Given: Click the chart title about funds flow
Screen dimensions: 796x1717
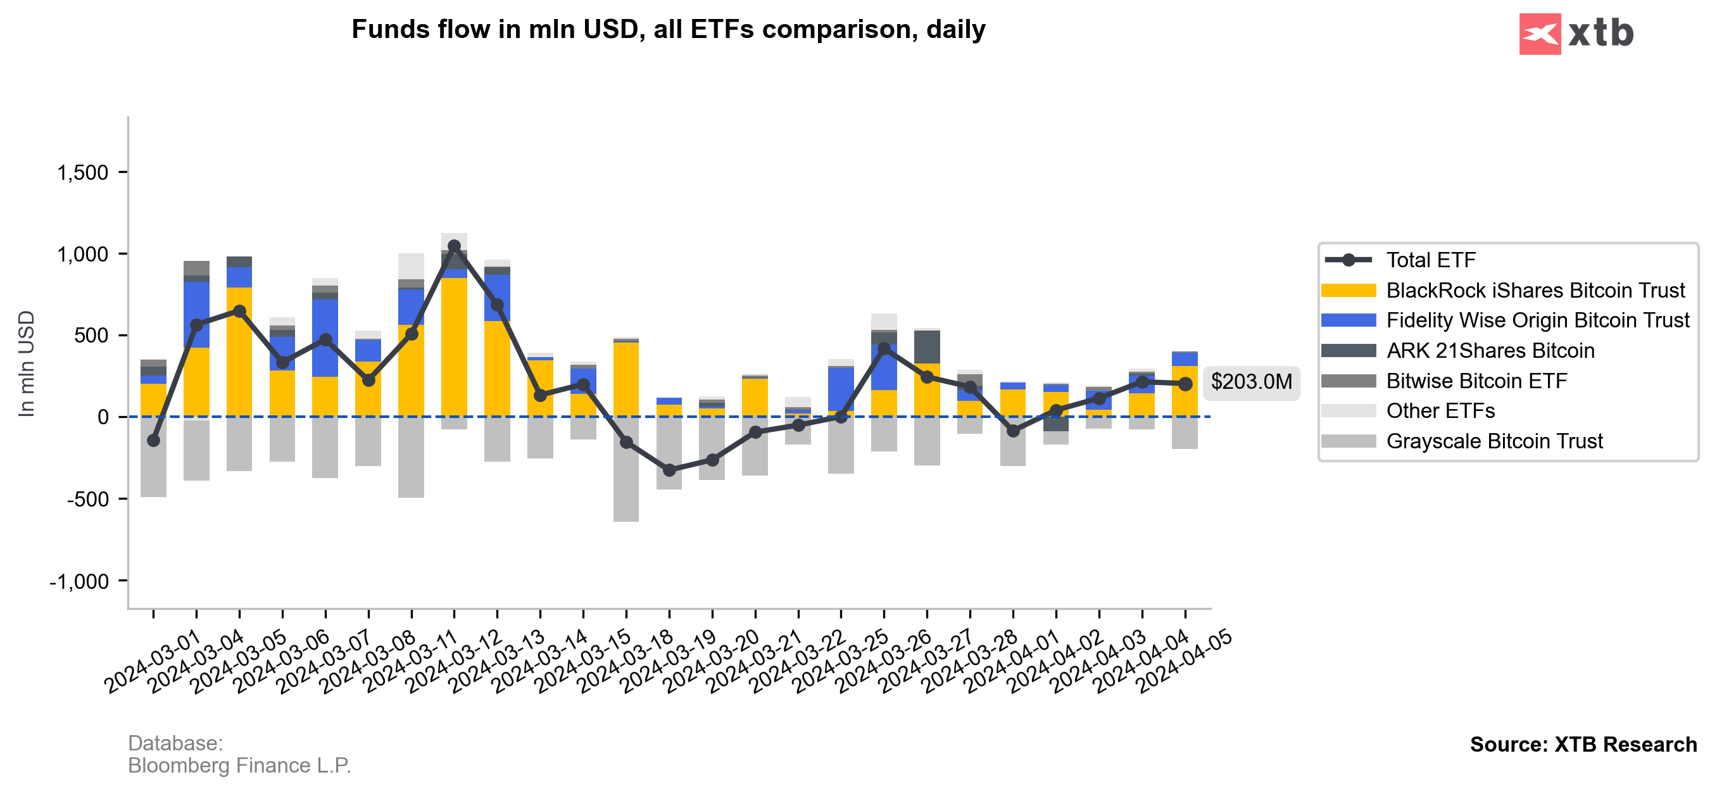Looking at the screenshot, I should pos(668,30).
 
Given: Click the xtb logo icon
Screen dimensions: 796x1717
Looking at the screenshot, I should pos(1540,34).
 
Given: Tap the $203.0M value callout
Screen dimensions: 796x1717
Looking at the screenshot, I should pos(1251,382).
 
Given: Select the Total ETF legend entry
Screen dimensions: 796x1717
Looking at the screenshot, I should pos(1430,260).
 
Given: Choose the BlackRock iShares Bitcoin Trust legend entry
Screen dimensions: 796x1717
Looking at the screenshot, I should pos(1535,291).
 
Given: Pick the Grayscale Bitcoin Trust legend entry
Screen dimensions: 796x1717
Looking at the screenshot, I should pos(1494,441).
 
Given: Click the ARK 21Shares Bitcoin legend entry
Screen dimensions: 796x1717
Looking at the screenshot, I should pos(1490,351).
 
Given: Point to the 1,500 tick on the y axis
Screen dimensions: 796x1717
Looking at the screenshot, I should pos(83,173).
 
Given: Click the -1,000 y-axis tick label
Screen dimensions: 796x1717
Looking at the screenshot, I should pos(79,582).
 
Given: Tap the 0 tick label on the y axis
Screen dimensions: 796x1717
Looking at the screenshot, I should pos(103,417).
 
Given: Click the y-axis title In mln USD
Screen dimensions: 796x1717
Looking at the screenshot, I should pos(26,364).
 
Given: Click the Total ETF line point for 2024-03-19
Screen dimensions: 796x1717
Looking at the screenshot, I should pos(669,471).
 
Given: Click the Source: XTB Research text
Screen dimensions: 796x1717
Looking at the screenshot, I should pos(1583,745).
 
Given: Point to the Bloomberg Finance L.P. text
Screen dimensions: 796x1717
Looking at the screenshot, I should pos(239,766).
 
